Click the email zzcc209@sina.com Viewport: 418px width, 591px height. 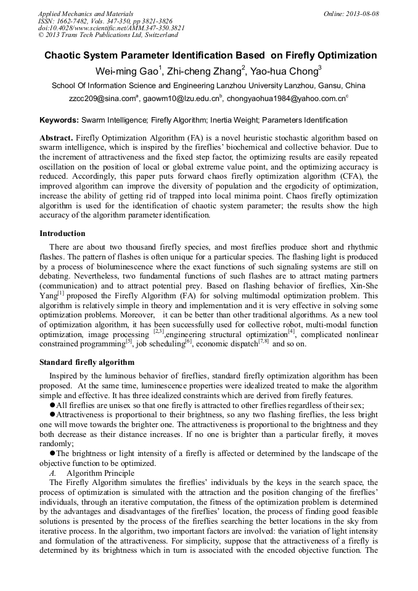point(102,99)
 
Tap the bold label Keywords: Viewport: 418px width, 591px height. point(59,120)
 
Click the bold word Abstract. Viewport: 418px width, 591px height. point(56,138)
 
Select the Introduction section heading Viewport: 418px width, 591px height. point(62,234)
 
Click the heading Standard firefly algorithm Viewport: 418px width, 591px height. point(86,362)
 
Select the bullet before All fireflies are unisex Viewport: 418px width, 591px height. point(52,405)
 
